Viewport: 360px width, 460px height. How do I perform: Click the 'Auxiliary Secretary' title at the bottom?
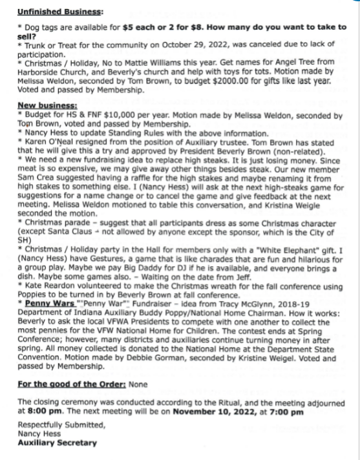click(x=58, y=443)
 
